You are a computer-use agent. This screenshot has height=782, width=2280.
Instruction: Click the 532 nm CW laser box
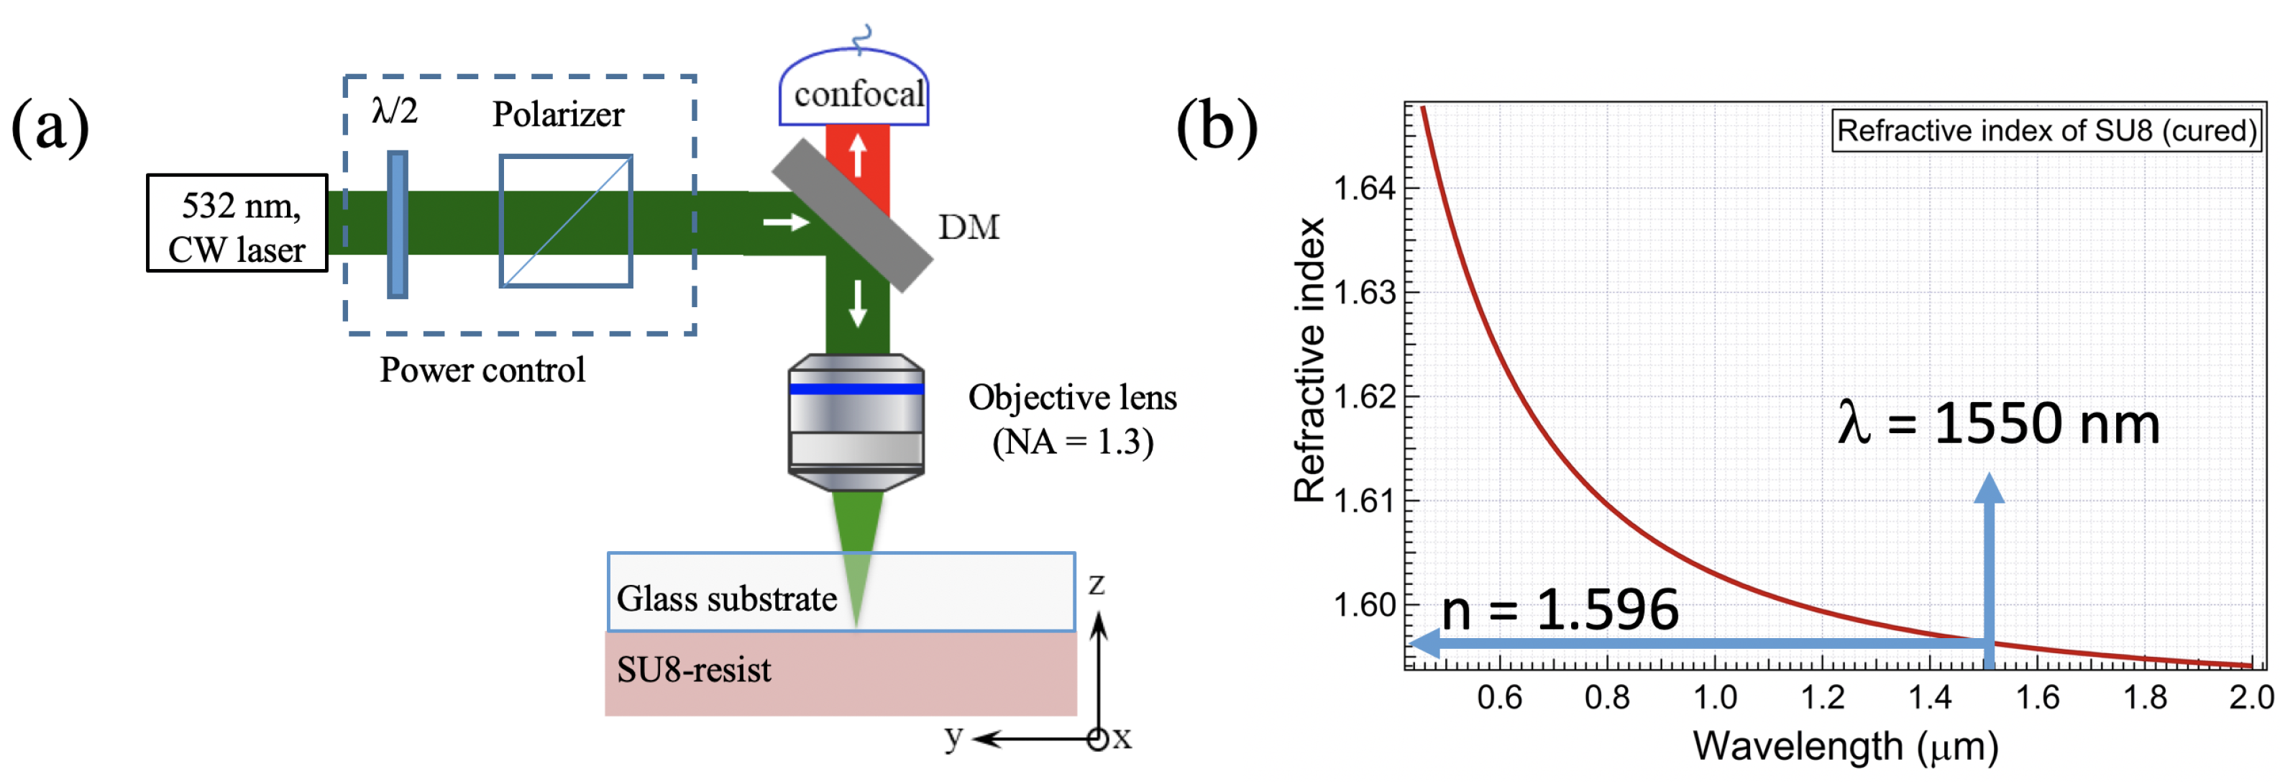237,223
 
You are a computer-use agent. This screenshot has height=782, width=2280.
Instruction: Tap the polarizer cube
566,222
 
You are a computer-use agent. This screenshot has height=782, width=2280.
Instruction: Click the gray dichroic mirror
851,214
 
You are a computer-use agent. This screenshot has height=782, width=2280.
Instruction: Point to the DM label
969,227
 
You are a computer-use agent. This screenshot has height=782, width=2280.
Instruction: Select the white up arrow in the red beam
857,154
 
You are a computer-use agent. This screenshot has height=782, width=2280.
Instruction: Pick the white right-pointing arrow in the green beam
786,221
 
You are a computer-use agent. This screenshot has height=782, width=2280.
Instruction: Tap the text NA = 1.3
1073,442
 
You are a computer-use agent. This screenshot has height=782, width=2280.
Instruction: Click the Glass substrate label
727,599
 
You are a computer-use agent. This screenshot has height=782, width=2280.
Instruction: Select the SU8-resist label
693,670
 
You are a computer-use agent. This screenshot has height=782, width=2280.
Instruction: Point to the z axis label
1096,583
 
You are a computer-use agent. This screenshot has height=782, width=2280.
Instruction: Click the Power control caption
482,370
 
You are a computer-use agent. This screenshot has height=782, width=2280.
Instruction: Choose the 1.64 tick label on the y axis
1364,188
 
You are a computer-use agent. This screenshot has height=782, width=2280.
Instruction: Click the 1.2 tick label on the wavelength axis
1823,698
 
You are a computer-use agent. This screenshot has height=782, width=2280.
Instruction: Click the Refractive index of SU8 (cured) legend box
2046,131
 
